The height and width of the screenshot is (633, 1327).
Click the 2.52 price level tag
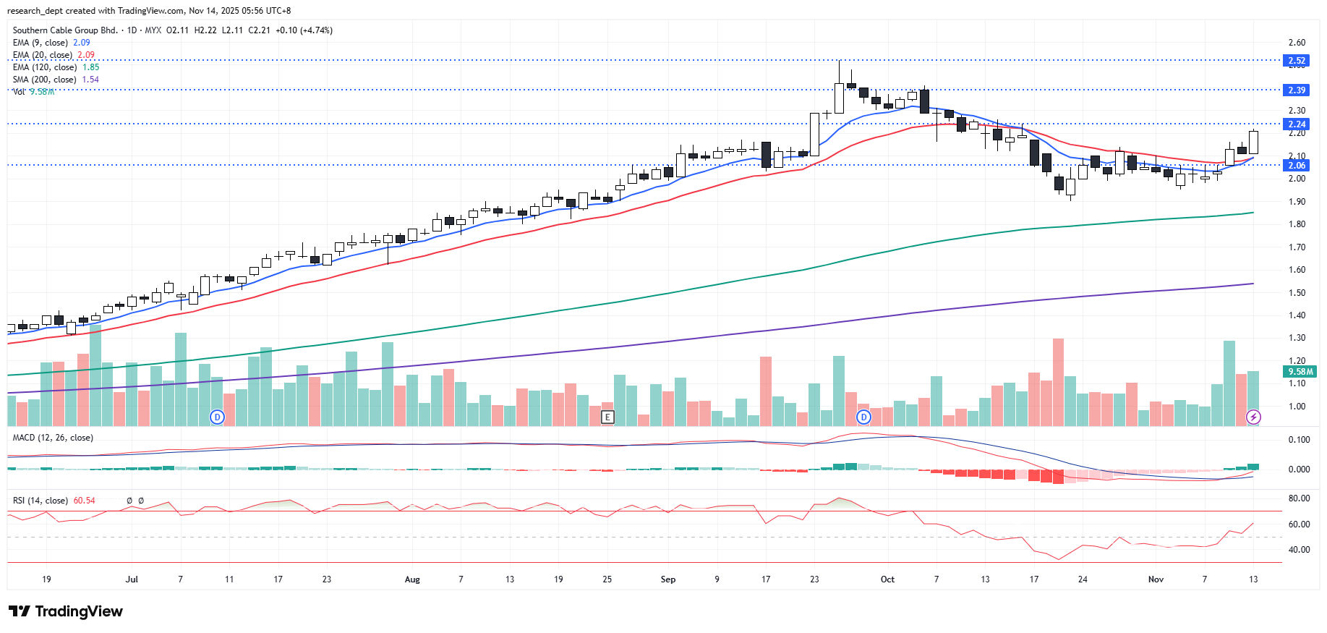(1297, 61)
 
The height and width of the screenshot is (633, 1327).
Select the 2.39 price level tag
(1297, 90)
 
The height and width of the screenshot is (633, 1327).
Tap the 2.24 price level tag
(1297, 124)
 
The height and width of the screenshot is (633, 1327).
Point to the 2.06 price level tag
(1297, 166)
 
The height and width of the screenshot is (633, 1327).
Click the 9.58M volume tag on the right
(1300, 372)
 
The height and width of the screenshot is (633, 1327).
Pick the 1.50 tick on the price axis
(1297, 293)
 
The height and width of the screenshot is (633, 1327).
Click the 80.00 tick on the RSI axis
(1299, 498)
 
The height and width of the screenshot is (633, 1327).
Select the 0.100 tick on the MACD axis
(1299, 440)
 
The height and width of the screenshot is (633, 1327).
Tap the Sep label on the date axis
(668, 579)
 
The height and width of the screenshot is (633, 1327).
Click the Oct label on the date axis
(887, 579)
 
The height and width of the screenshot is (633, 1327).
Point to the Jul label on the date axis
(132, 579)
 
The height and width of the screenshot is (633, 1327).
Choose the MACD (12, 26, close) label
(53, 438)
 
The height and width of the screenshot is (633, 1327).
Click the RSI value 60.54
(84, 501)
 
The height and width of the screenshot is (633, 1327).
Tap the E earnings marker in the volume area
(607, 417)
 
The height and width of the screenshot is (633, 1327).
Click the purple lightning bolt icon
(1254, 417)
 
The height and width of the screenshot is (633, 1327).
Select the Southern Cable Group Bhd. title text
(65, 30)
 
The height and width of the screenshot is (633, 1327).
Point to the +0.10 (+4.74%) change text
(304, 30)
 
